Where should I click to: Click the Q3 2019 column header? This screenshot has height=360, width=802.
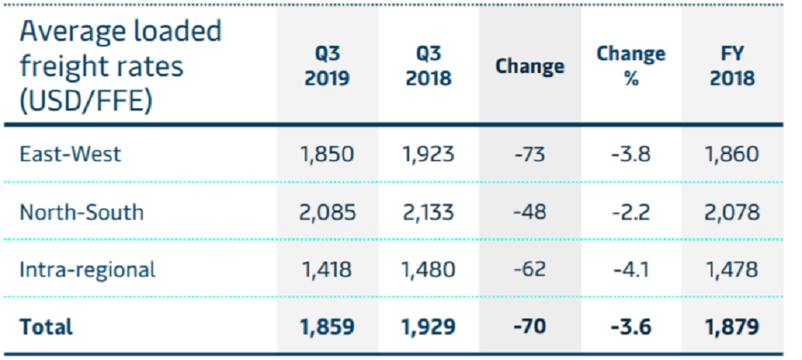[x=327, y=66]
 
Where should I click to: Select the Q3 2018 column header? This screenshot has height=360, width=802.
[x=428, y=66]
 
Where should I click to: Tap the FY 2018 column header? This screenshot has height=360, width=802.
[x=732, y=66]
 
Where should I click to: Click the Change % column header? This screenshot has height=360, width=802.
[x=631, y=66]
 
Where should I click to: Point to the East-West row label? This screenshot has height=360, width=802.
[x=71, y=153]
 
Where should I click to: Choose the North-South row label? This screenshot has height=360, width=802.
[x=82, y=212]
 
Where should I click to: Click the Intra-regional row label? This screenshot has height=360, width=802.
[x=87, y=269]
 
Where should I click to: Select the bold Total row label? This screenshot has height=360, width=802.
[x=46, y=327]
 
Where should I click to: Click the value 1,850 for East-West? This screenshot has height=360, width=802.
[x=327, y=154]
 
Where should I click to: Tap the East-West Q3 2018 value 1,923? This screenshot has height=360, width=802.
[x=428, y=154]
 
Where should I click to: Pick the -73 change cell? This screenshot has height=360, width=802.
[x=530, y=154]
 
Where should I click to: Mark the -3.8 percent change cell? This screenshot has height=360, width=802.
[x=631, y=154]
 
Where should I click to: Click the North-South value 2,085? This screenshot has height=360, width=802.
[x=327, y=212]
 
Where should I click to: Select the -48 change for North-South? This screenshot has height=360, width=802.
[x=530, y=212]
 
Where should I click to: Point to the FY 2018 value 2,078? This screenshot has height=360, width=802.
[x=732, y=212]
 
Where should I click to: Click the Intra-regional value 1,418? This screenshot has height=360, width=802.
[x=327, y=269]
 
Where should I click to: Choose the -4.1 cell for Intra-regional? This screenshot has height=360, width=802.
[x=631, y=269]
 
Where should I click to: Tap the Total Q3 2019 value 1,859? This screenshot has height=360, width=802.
[x=327, y=327]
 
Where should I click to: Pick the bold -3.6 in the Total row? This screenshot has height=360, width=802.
[x=631, y=327]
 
